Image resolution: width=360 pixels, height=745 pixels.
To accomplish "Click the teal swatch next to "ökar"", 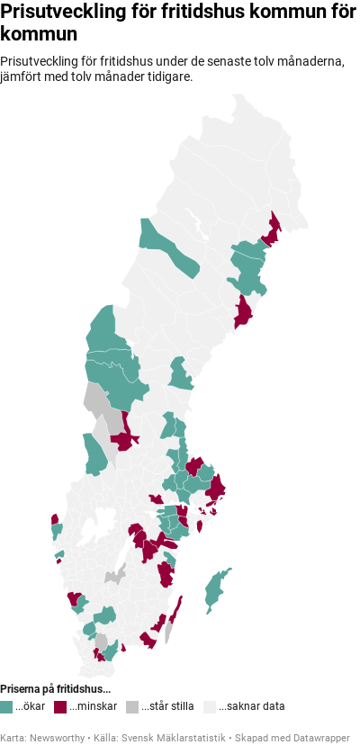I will click(x=6, y=706).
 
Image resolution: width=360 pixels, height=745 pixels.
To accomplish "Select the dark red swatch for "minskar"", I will click(x=60, y=706).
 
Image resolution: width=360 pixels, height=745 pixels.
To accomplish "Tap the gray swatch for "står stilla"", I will click(x=132, y=706).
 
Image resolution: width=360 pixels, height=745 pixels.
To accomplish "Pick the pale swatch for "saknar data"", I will click(x=210, y=706).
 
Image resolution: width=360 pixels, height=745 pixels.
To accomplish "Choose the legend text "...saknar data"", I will click(x=251, y=706).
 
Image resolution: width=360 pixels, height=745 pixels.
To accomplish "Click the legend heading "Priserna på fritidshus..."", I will click(x=56, y=689).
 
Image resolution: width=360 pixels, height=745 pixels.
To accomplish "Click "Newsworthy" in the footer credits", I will click(x=57, y=737).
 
